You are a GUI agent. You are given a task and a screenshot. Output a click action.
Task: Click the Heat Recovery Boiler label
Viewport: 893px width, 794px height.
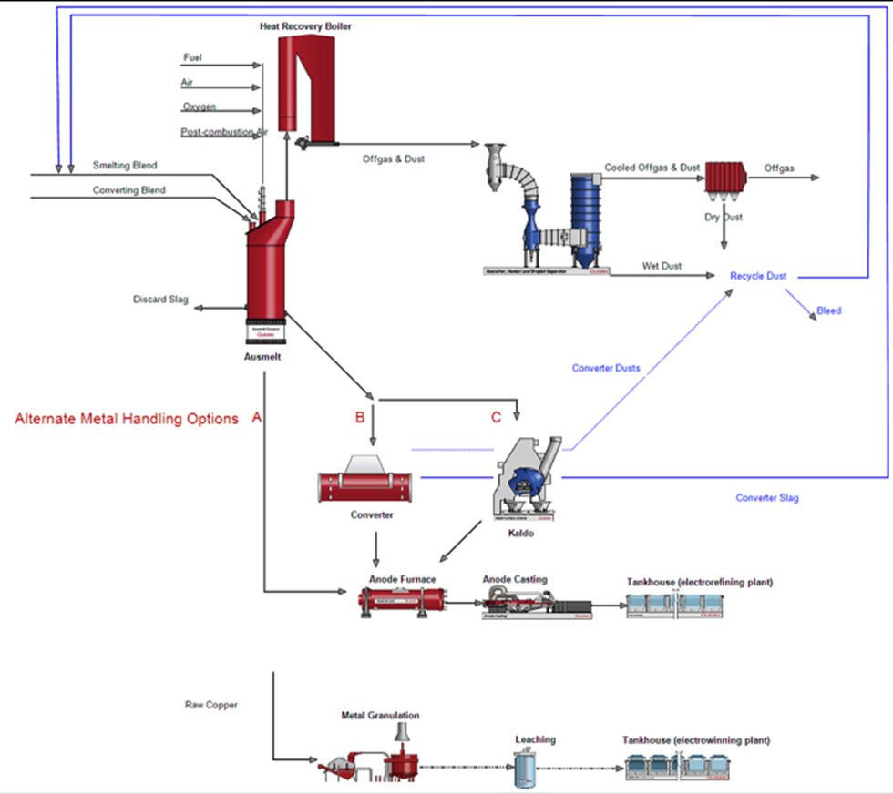[x=305, y=27]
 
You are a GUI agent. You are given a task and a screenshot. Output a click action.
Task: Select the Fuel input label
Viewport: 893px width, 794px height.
[x=192, y=57]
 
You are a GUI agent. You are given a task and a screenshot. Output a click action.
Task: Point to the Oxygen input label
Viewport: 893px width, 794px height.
[x=199, y=107]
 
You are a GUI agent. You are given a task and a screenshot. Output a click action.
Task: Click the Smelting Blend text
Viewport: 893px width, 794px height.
[x=125, y=166]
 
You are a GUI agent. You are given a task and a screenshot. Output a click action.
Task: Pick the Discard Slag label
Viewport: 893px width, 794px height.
[x=160, y=299]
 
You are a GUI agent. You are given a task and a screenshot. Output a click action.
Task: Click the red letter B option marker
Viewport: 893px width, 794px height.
[x=360, y=418]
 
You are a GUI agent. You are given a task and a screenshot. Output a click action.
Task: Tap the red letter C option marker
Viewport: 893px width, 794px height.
[x=496, y=418]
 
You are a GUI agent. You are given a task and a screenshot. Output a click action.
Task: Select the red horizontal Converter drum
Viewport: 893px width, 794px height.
[x=365, y=485]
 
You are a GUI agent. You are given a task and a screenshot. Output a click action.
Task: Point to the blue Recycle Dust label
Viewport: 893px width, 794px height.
[x=758, y=276]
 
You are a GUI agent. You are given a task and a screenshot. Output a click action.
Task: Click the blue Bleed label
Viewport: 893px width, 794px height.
[x=829, y=310]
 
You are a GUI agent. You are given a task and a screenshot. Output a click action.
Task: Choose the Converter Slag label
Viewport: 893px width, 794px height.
[x=767, y=498]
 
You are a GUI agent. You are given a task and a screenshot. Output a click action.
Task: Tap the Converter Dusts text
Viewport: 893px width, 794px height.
[x=606, y=368]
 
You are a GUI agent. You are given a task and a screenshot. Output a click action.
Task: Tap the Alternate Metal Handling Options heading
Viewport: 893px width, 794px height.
[x=127, y=419]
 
